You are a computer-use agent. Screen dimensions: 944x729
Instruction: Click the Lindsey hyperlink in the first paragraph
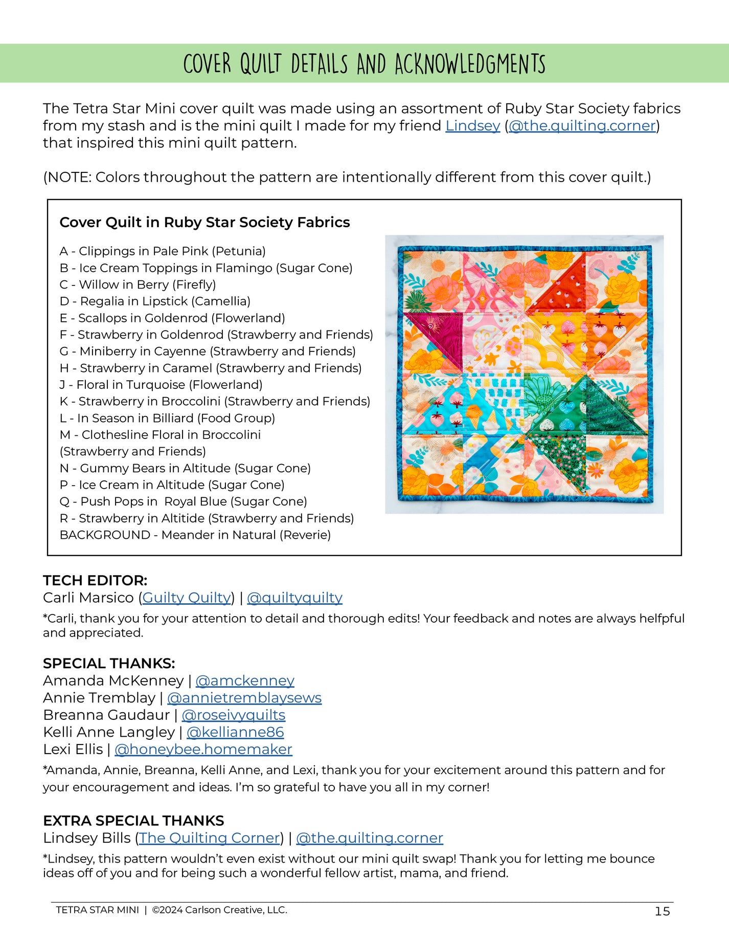pos(472,126)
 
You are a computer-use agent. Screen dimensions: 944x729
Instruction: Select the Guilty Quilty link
pos(187,598)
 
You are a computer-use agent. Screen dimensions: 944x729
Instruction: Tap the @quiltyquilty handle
pos(294,598)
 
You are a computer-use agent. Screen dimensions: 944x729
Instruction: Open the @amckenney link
pos(245,680)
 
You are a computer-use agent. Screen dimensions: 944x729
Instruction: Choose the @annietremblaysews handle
pos(244,698)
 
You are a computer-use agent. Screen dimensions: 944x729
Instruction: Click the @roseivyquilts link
pos(234,715)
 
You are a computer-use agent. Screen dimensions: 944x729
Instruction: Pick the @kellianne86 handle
pos(235,732)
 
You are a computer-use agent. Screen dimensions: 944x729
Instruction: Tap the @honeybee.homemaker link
pos(203,749)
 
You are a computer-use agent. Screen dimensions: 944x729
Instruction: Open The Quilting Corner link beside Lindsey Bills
pos(210,838)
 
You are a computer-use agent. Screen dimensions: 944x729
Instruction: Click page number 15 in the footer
pos(662,911)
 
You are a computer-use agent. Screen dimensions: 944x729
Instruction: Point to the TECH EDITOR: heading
pos(95,580)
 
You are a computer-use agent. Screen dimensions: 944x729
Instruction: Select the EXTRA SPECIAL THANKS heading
pos(133,821)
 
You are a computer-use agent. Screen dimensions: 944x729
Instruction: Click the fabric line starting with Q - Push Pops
pos(183,501)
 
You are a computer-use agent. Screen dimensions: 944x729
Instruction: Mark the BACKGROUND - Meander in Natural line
pos(195,535)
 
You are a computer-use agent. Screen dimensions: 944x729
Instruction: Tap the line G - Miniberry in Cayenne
pos(207,351)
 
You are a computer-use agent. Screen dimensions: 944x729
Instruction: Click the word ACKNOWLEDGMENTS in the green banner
pos(470,64)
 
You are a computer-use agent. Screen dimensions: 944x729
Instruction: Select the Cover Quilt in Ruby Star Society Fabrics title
pos(204,222)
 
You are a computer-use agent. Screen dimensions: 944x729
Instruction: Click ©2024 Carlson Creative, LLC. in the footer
pos(219,910)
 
